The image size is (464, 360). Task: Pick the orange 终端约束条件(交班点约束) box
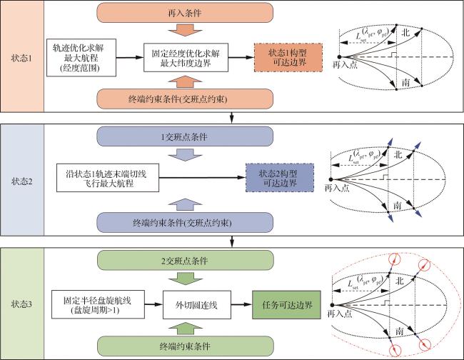coord(185,98)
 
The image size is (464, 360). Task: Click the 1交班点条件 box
coord(185,136)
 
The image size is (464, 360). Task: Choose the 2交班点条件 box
coord(185,256)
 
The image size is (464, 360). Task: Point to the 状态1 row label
coord(22,54)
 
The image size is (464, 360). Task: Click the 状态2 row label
coord(22,175)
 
